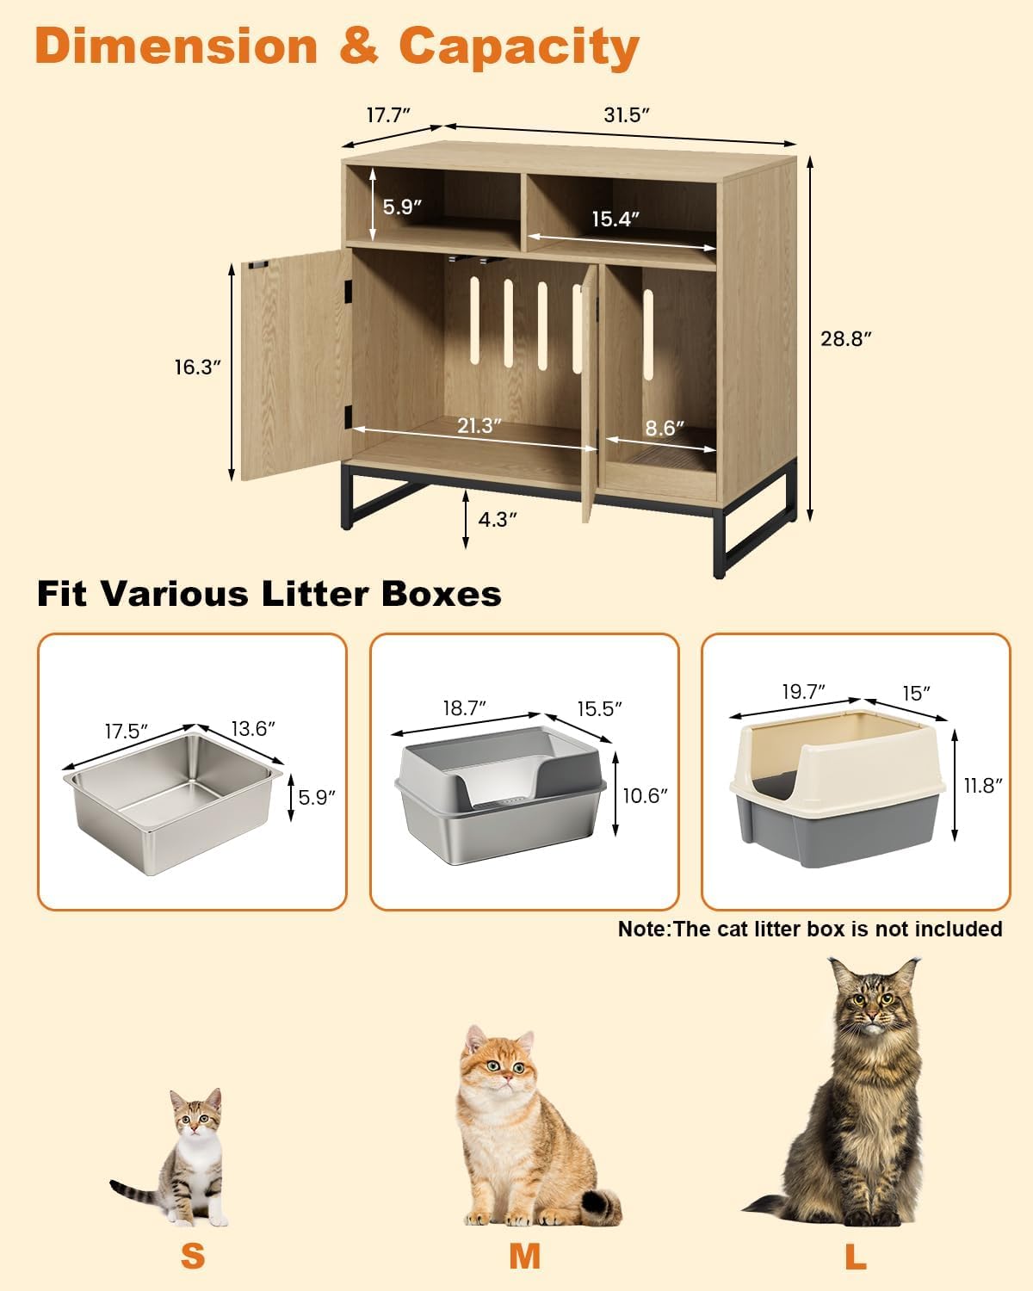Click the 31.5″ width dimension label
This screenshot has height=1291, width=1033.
coord(626,115)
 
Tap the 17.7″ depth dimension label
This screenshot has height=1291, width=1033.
coord(388,115)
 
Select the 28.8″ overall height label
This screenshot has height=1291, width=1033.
coord(846,338)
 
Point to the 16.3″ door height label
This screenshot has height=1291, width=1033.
coord(197,368)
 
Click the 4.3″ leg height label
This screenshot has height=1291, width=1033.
coord(498,519)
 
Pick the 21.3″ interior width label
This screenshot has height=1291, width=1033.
coord(479,425)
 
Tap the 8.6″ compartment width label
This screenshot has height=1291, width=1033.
coord(665,428)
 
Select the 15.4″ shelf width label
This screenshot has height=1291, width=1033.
coord(615,219)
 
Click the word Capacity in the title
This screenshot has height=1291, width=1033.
coord(518,46)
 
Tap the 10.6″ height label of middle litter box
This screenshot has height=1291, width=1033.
coord(645,795)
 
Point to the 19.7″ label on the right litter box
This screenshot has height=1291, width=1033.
coord(803,691)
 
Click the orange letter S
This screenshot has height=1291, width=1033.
coord(193,1256)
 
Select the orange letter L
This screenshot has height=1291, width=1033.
coord(855,1256)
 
